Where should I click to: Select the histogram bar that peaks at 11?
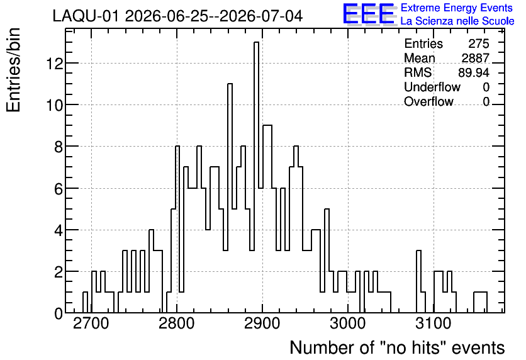coord(230,198)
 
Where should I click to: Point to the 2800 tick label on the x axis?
coord(176,323)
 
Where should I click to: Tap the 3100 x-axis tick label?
coord(434,323)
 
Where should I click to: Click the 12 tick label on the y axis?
coord(55,63)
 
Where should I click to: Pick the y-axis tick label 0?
coord(59,313)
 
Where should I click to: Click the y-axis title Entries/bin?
coord(13,70)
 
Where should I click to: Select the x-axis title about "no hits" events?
coord(397,347)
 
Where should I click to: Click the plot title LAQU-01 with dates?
coord(178,16)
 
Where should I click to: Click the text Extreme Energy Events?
coord(457,8)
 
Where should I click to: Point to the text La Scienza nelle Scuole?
coord(457,21)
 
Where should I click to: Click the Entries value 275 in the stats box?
coord(479,43)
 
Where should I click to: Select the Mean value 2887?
coord(475,58)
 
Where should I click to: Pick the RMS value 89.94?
coord(474,72)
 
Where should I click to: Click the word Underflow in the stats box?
coord(432,87)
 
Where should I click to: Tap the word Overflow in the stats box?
coord(428,101)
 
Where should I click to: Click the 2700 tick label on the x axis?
coord(91,323)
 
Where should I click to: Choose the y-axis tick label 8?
coord(59,147)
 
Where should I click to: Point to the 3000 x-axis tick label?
coord(348,323)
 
